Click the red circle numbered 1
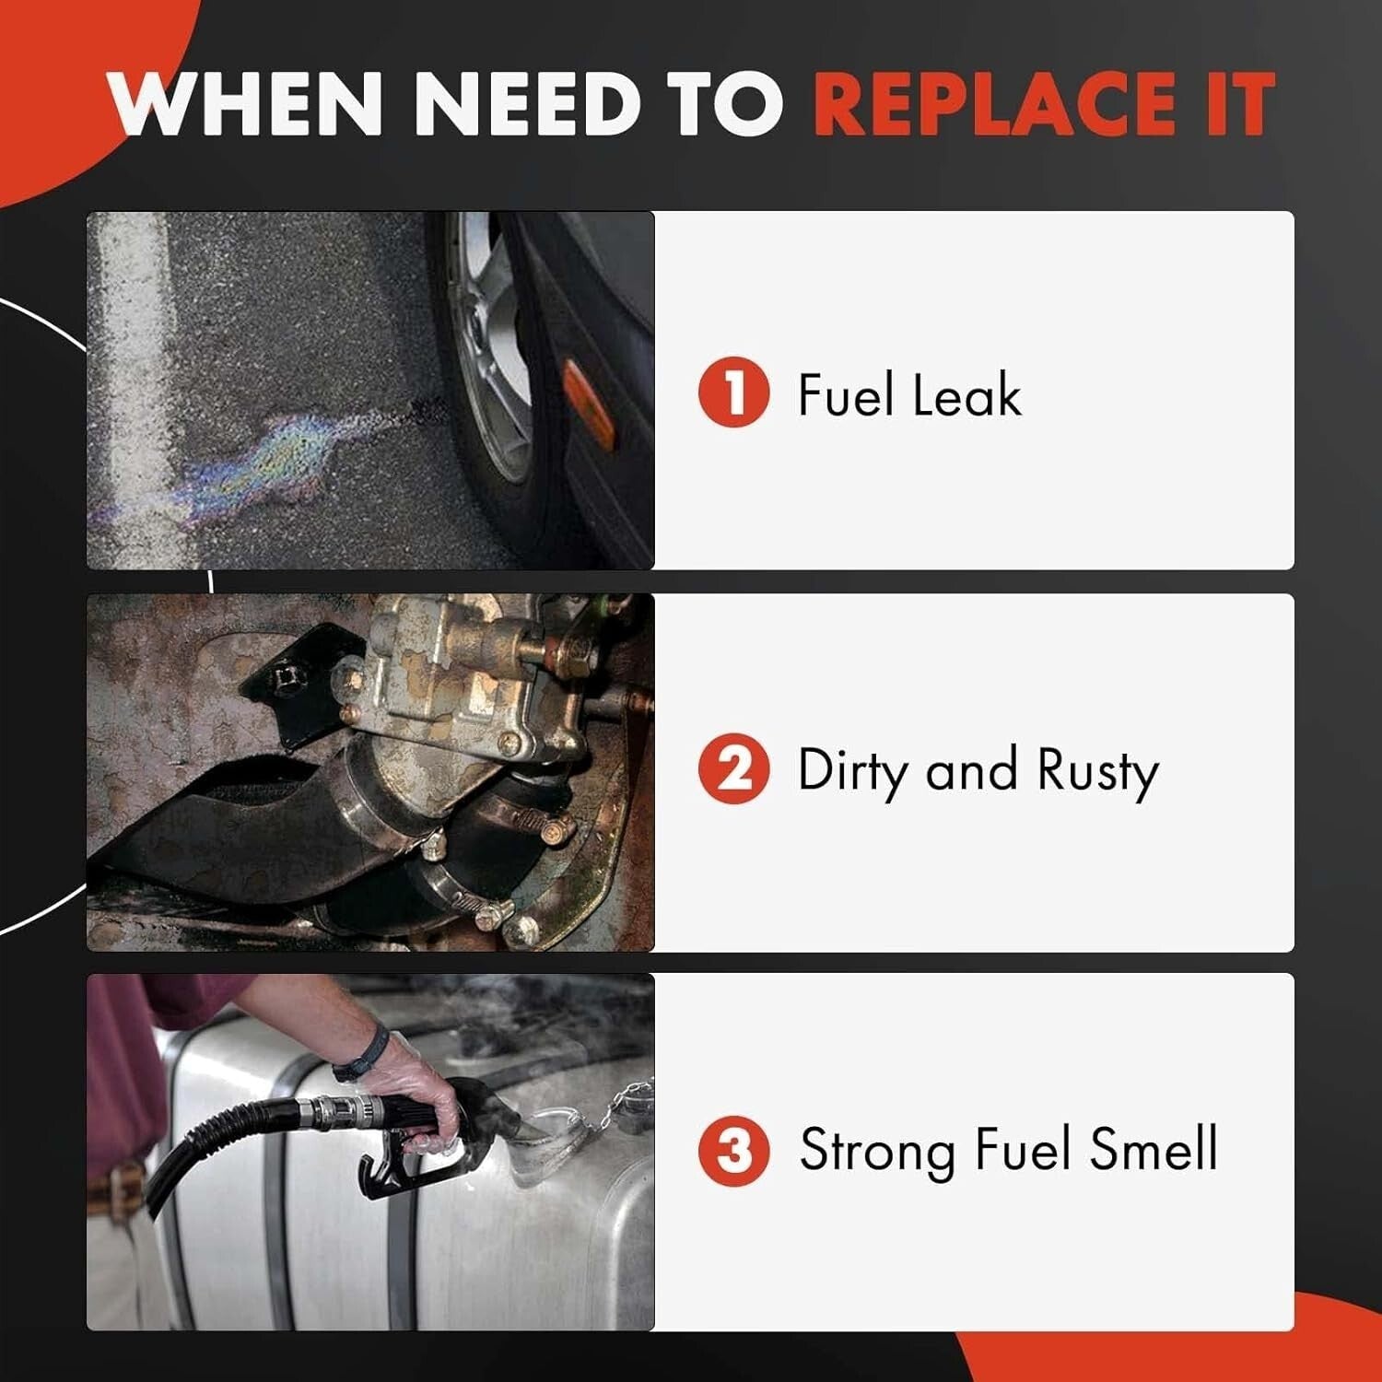tap(733, 392)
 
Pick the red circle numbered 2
tap(733, 769)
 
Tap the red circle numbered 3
tap(733, 1151)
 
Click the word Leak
tap(966, 395)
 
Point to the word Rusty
tap(1097, 772)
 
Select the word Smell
tap(1154, 1149)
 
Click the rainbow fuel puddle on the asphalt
tap(276, 461)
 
